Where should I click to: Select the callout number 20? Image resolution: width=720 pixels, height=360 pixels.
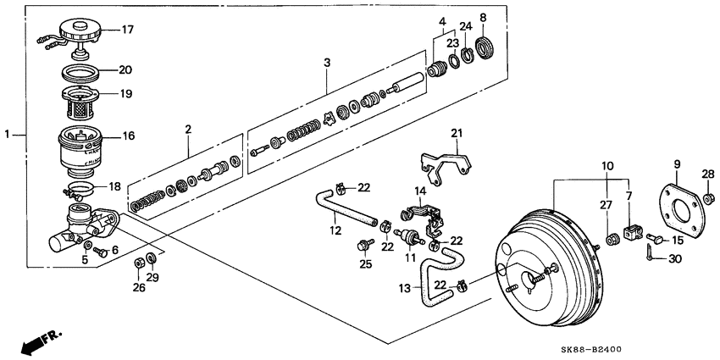[x=126, y=71]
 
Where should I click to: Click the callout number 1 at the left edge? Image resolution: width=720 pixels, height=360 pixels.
[x=8, y=134]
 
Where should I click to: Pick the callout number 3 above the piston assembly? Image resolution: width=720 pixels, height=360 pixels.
[x=329, y=64]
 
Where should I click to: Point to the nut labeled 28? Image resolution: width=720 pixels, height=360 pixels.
[x=709, y=200]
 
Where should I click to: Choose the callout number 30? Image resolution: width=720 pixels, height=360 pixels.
[x=673, y=259]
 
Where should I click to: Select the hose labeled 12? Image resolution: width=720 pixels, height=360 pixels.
[x=343, y=208]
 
